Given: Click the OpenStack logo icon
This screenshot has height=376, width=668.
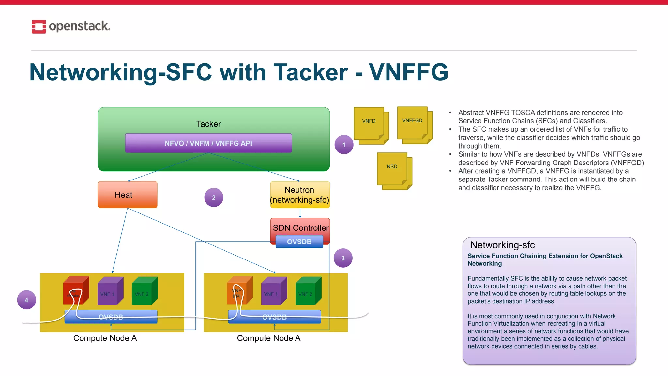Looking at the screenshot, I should pyautogui.click(x=39, y=26).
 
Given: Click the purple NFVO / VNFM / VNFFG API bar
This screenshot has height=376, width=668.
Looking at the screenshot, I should pyautogui.click(x=208, y=143).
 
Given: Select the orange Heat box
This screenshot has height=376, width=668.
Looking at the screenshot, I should pyautogui.click(x=127, y=195).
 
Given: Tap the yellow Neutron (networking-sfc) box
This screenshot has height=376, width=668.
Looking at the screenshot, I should pyautogui.click(x=300, y=195).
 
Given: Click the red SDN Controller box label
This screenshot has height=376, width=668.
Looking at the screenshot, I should pyautogui.click(x=300, y=227).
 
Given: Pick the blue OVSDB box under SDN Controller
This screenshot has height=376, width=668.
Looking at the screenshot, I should pyautogui.click(x=299, y=242).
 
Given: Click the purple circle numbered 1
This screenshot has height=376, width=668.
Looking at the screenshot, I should pyautogui.click(x=344, y=145).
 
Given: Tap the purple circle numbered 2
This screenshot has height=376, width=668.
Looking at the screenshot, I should pyautogui.click(x=214, y=197).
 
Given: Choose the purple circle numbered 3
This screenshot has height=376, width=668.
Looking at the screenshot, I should pyautogui.click(x=343, y=258).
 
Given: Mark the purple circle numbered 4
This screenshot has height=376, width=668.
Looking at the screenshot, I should pyautogui.click(x=26, y=300).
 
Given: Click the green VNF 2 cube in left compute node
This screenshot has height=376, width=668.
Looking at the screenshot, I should pyautogui.click(x=144, y=291).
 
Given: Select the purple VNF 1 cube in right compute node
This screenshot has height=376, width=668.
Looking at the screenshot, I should pyautogui.click(x=273, y=291).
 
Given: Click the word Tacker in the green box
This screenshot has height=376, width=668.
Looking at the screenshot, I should pyautogui.click(x=208, y=124).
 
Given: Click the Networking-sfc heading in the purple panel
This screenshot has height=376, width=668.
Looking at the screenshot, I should pyautogui.click(x=502, y=245).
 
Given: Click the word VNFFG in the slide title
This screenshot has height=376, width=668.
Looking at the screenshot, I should pyautogui.click(x=408, y=72).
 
